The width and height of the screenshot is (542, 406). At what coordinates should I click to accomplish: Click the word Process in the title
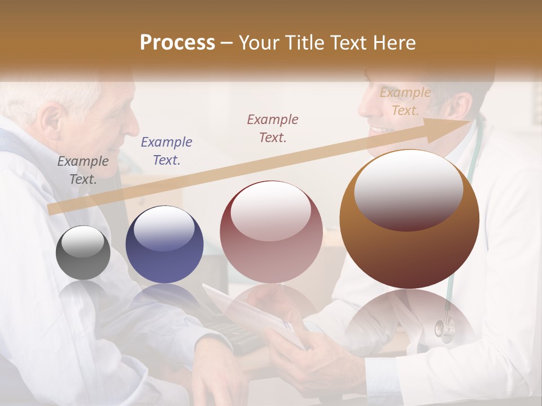[x=177, y=43]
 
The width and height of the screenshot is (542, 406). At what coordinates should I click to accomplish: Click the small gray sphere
[x=83, y=253]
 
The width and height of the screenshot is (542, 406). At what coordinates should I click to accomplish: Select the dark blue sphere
[x=164, y=245]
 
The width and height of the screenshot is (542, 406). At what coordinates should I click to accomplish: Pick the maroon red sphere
[x=271, y=232]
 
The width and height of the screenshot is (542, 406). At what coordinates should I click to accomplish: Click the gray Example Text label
[x=82, y=170]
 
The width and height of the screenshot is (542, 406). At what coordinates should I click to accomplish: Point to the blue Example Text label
[x=167, y=151]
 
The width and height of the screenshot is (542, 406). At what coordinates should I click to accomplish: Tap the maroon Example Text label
[x=273, y=128]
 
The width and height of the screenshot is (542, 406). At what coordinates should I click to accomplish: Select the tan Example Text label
[x=405, y=101]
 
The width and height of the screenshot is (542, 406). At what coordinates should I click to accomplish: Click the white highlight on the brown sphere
[x=408, y=189]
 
